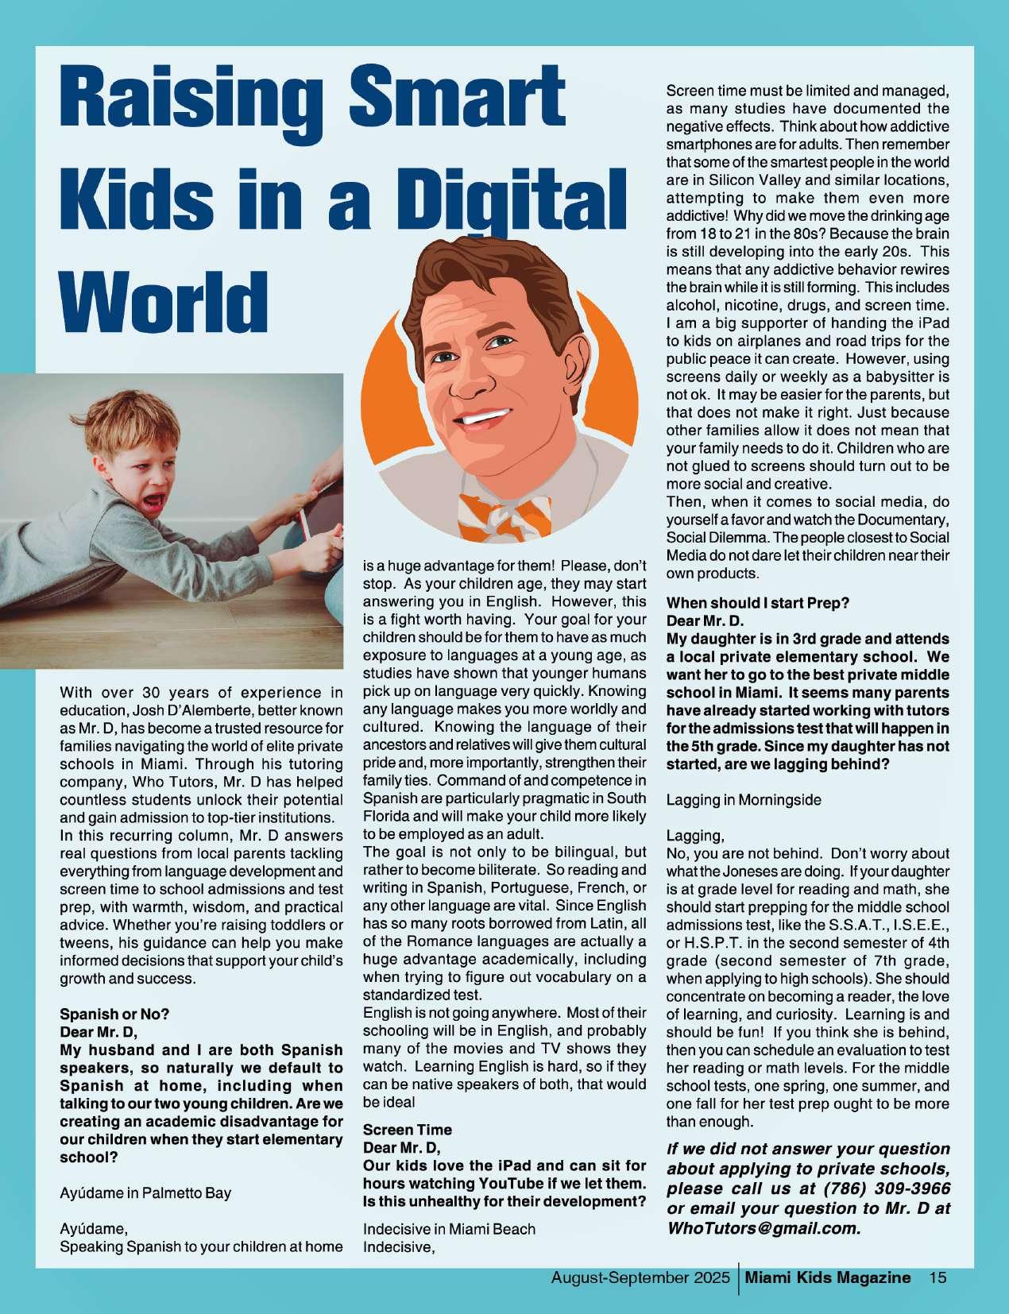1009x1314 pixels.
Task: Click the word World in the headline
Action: (x=164, y=302)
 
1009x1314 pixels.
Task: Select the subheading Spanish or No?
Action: (x=114, y=1014)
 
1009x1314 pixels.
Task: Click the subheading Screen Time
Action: (x=407, y=1130)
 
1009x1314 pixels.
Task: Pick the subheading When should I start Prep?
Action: (x=757, y=603)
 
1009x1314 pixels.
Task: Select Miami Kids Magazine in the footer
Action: (x=829, y=1277)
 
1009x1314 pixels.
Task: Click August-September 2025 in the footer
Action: (x=640, y=1277)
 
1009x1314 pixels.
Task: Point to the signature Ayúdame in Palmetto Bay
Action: (x=145, y=1192)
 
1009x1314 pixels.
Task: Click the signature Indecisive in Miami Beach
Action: (x=449, y=1229)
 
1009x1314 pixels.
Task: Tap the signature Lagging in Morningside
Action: (x=743, y=800)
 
